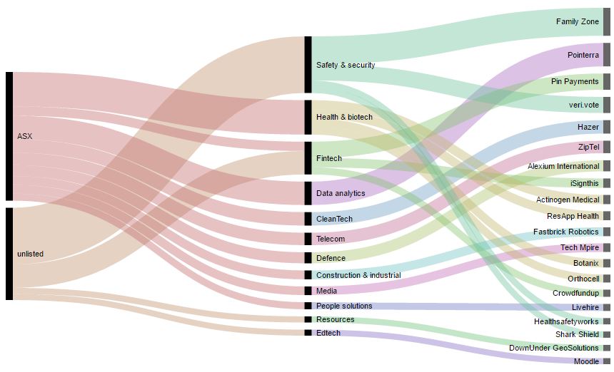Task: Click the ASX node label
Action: coord(24,135)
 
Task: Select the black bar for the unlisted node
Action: coord(9,254)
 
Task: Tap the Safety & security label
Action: coord(345,65)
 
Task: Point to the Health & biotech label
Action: coord(344,117)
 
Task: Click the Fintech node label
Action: coord(328,158)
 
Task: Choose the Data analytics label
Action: coord(340,193)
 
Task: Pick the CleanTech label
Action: coord(334,219)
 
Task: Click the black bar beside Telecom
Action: coord(308,239)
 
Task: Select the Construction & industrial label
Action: coord(358,275)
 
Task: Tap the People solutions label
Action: coord(343,306)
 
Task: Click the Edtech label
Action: coord(328,333)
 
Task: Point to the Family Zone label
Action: coord(577,22)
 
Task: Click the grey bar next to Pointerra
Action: coord(607,55)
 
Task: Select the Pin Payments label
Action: coord(574,81)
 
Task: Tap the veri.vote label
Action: coord(583,105)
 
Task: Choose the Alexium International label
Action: coord(563,166)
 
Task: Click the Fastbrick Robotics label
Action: coord(565,232)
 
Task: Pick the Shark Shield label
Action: coord(577,334)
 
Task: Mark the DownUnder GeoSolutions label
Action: coord(553,348)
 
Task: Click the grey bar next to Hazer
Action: coord(607,127)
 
